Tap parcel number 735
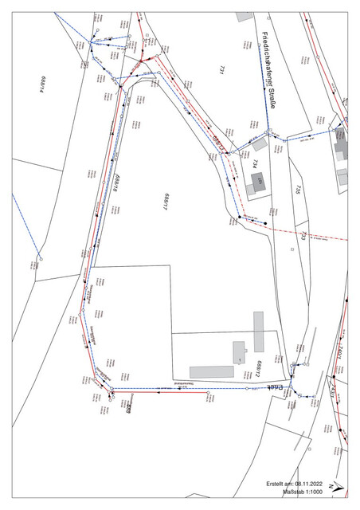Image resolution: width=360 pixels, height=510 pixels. (x=296, y=189)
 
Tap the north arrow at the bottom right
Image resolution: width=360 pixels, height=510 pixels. (x=337, y=485)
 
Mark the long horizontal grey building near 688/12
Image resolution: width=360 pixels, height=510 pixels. (x=212, y=371)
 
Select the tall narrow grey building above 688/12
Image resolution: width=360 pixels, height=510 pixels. (x=258, y=331)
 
